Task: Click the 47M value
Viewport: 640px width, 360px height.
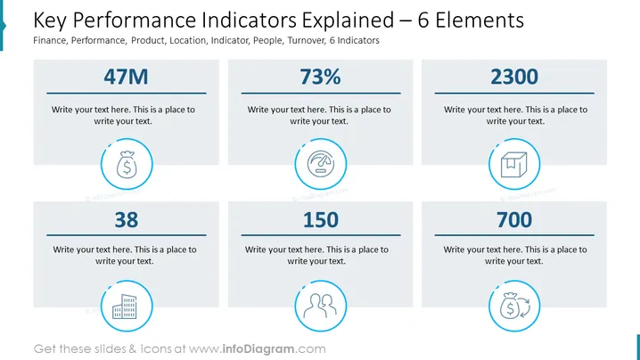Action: click(x=126, y=77)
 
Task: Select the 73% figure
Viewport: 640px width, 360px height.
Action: click(x=320, y=77)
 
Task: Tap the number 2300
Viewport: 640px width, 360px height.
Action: click(x=514, y=77)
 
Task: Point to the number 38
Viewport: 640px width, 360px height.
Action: click(x=126, y=220)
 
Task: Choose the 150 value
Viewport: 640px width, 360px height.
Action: click(x=320, y=220)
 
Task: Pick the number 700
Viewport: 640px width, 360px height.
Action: click(x=514, y=220)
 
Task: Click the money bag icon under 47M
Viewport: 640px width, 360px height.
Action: click(x=127, y=165)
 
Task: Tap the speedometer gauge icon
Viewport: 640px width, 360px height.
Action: click(x=321, y=164)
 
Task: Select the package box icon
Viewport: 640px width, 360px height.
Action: click(x=514, y=165)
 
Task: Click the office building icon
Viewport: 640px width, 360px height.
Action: click(x=125, y=307)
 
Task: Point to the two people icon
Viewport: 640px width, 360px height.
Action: click(x=320, y=306)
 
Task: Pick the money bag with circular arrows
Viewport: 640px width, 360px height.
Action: click(x=514, y=307)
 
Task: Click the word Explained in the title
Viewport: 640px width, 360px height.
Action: click(x=348, y=20)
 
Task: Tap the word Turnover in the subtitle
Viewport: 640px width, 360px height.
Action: click(x=306, y=40)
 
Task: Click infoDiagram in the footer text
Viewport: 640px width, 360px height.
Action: click(x=258, y=349)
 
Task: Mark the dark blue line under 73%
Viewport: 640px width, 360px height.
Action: click(x=321, y=93)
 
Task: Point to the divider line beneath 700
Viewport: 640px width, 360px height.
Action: click(x=514, y=235)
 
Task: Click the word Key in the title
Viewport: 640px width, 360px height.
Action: click(x=49, y=20)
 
